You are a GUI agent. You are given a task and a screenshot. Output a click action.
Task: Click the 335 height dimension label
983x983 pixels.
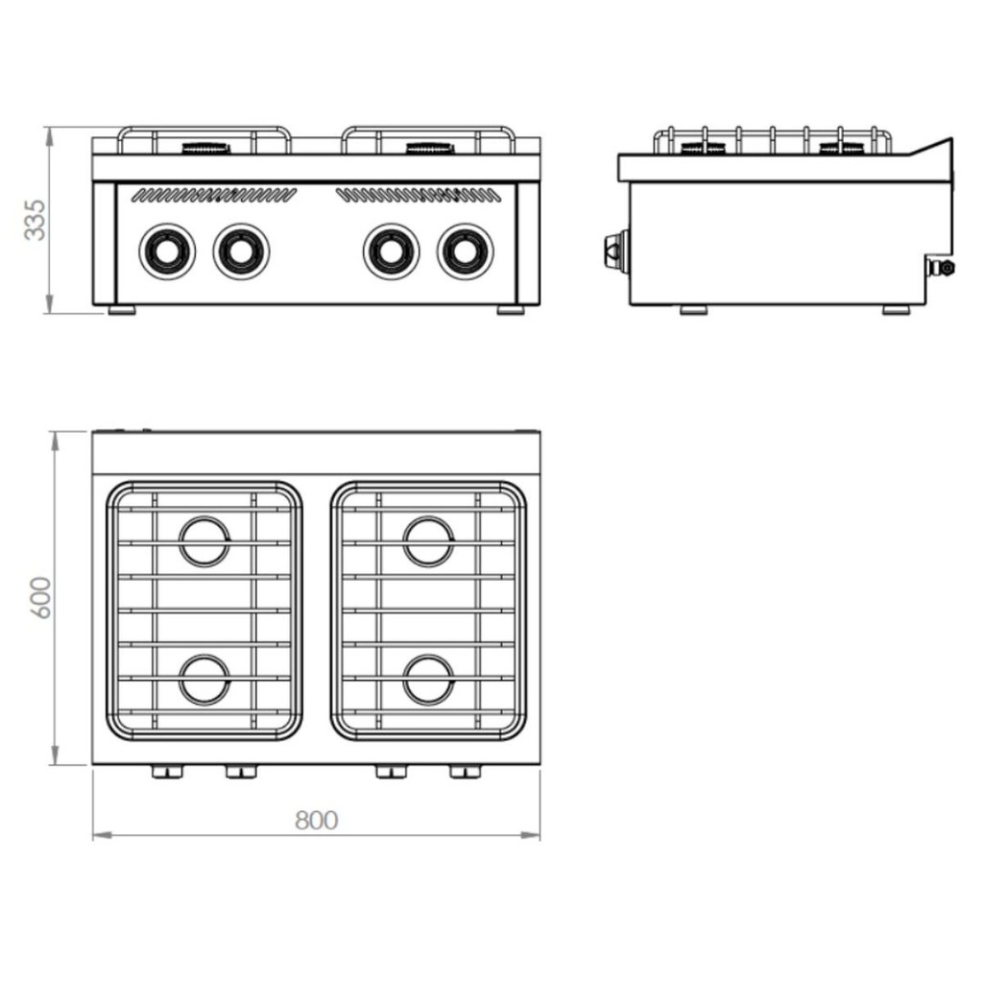pos(36,220)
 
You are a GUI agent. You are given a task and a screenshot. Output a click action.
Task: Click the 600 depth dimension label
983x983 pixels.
pos(41,597)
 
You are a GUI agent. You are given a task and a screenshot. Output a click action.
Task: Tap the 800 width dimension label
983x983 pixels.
pos(317,820)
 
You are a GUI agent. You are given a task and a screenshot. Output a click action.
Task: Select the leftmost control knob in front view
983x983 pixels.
pos(167,252)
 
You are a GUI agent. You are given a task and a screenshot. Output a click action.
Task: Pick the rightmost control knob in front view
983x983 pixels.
pos(466,252)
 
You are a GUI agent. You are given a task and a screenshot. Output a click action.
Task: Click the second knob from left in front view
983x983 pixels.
pos(241,252)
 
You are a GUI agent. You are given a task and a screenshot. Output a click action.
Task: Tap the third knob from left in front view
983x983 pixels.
pos(392,252)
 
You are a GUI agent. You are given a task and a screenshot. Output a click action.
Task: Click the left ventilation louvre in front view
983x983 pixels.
pos(214,195)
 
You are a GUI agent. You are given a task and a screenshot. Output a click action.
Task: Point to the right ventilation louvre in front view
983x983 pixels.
pos(419,195)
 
